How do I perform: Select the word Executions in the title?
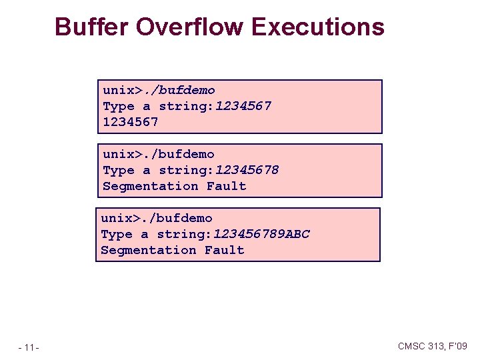[x=318, y=27]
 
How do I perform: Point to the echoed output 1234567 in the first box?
[x=131, y=122]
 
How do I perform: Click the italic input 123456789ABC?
[x=261, y=234]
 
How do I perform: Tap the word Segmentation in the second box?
[x=151, y=186]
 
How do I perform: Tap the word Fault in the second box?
[x=227, y=186]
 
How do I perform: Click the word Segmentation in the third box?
[x=149, y=250]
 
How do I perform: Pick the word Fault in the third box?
[x=225, y=250]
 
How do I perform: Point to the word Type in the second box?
[x=119, y=170]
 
